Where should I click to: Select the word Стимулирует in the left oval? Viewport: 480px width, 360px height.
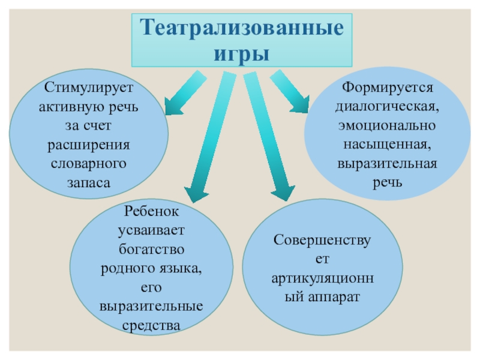[88, 89]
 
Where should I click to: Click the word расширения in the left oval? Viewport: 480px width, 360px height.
[88, 146]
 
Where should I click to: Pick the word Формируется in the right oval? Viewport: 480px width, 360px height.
[388, 88]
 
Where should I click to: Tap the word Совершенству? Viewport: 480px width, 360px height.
[323, 241]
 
